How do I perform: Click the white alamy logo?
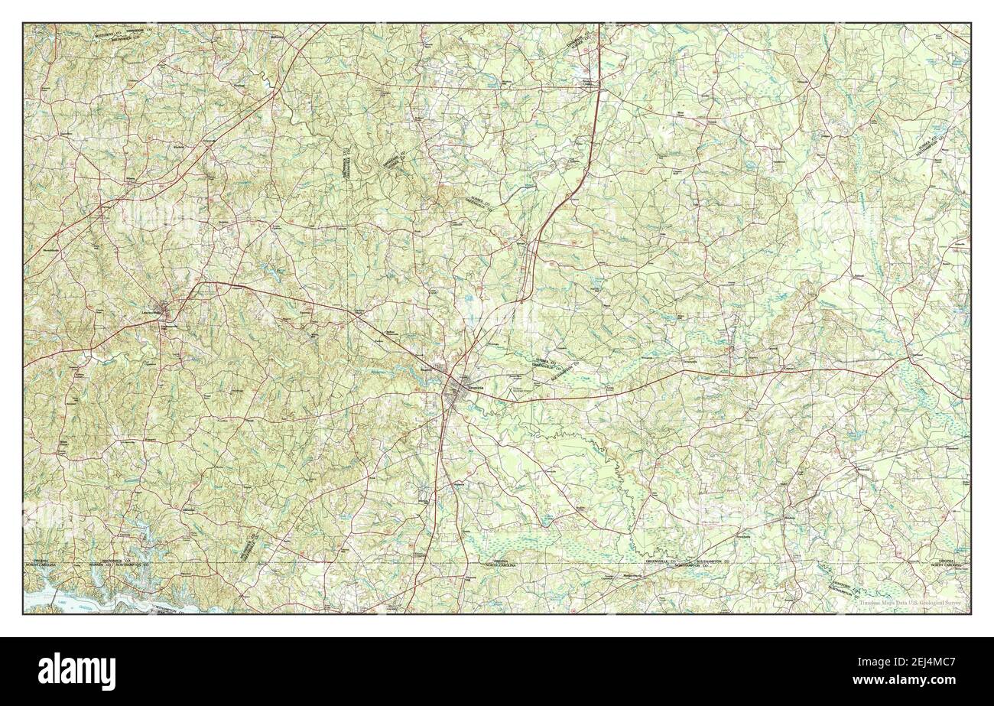69,672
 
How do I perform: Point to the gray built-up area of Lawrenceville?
162,309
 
